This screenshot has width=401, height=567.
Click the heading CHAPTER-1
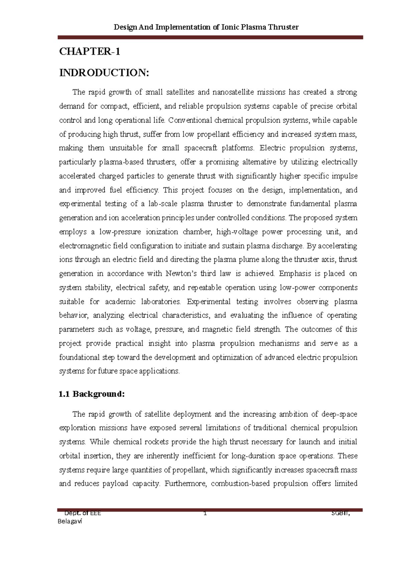pos(89,51)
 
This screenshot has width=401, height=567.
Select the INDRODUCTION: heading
pos(104,73)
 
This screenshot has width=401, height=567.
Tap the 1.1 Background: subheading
pos(92,394)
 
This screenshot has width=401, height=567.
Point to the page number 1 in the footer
pos(205,513)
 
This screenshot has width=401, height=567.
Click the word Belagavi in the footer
pos(70,521)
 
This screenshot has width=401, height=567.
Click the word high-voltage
pos(237,232)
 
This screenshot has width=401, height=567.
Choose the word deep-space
pos(339,414)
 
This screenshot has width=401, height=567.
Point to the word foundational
pos(79,357)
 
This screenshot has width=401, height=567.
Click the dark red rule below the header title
pos(210,38)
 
